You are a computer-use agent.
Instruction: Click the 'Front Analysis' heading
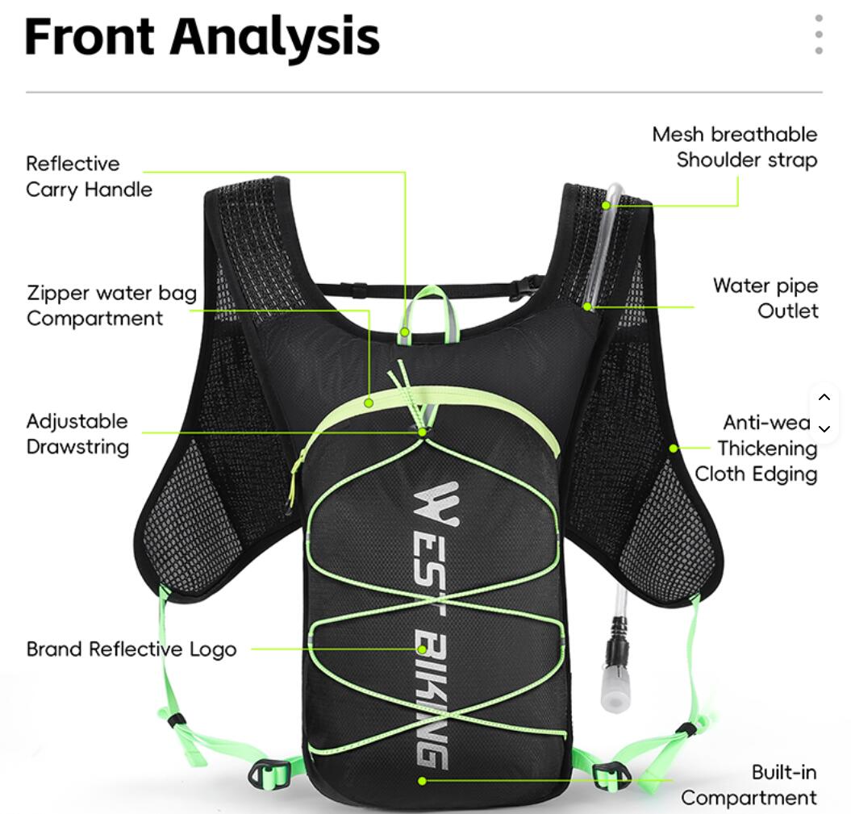pyautogui.click(x=202, y=37)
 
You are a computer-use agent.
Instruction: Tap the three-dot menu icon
pyautogui.click(x=819, y=35)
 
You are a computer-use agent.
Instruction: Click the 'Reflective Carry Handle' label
pyautogui.click(x=89, y=177)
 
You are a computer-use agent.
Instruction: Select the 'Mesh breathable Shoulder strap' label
pyautogui.click(x=735, y=147)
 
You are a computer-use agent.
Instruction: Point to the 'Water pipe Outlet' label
pyautogui.click(x=765, y=298)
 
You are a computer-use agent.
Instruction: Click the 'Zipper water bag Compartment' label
pyautogui.click(x=112, y=305)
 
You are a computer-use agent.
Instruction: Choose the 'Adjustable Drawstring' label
pyautogui.click(x=77, y=434)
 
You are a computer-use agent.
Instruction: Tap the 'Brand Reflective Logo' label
pyautogui.click(x=131, y=649)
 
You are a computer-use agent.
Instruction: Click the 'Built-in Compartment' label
pyautogui.click(x=749, y=785)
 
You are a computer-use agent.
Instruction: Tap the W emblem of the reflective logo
pyautogui.click(x=437, y=504)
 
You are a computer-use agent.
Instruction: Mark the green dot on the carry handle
pyautogui.click(x=405, y=332)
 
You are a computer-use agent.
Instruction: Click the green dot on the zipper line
pyautogui.click(x=369, y=403)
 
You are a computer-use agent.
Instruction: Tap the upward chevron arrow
pyautogui.click(x=824, y=397)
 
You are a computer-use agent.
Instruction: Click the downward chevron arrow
pyautogui.click(x=824, y=428)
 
